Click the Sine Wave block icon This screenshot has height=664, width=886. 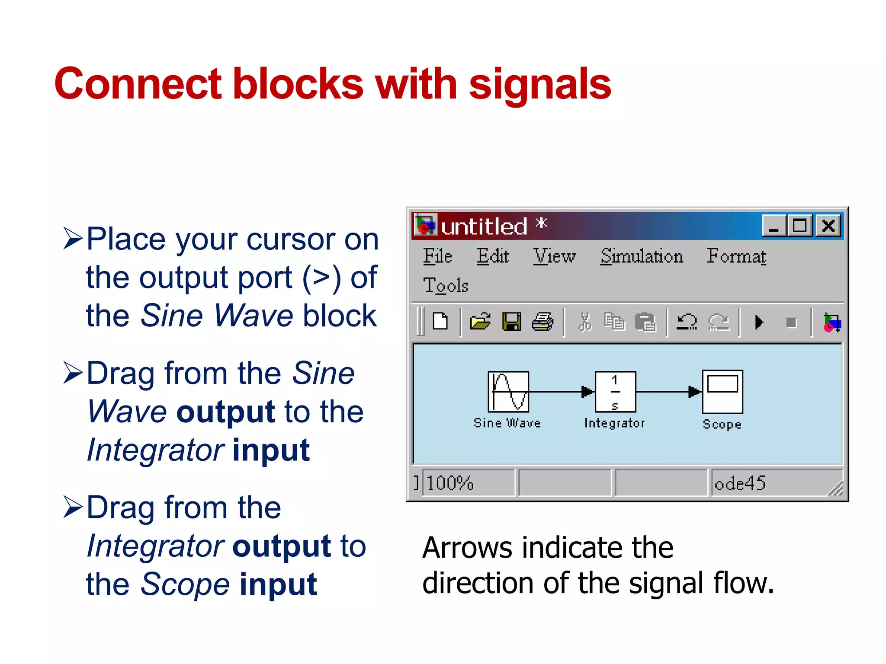pos(508,392)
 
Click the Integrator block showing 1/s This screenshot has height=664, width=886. pos(615,392)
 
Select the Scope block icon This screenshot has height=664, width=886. pos(722,392)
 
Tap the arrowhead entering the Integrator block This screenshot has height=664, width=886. pos(587,392)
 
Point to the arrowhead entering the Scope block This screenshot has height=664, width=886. pos(694,392)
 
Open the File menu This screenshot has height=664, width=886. pos(437,256)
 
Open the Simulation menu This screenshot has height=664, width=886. pos(641,256)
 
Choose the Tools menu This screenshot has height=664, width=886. pos(446,285)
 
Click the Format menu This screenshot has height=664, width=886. pos(736,256)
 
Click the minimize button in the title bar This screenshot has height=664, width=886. pos(774,226)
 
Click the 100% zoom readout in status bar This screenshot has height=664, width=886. pos(450,483)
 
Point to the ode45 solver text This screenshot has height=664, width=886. pos(740,483)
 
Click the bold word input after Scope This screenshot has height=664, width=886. pos(278,584)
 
